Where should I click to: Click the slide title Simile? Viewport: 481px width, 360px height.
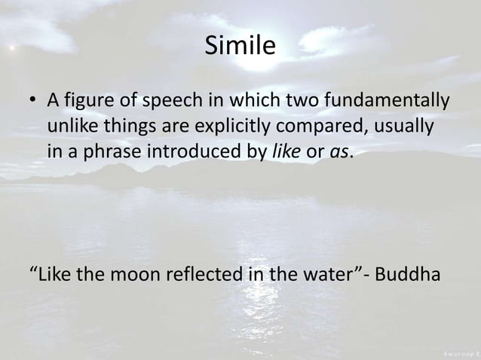pyautogui.click(x=240, y=47)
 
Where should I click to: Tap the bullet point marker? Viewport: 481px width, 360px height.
pyautogui.click(x=32, y=101)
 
